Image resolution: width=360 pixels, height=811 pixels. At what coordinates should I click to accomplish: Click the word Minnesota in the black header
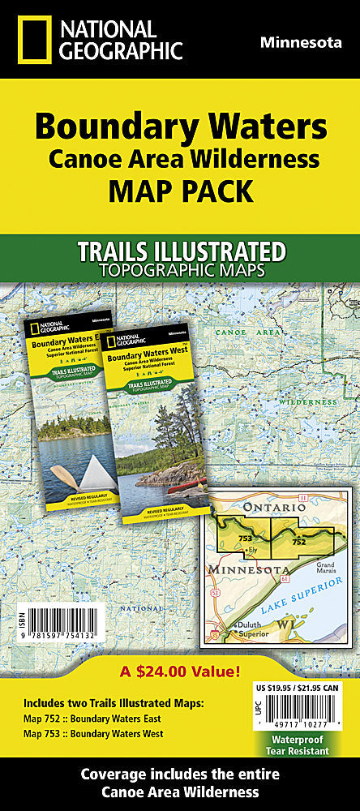coord(300,42)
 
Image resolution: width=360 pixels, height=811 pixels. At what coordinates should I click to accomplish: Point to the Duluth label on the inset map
coord(252,625)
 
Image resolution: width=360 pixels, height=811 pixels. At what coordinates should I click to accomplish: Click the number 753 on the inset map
coord(246,538)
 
